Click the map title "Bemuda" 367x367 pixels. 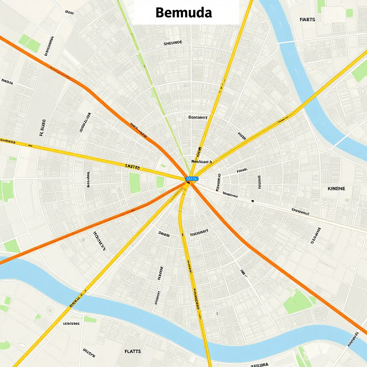(x=184, y=13)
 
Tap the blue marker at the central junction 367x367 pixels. (x=192, y=178)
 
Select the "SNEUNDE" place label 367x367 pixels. (x=173, y=43)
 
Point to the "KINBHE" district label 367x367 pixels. (x=336, y=188)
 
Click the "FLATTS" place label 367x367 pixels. (x=133, y=351)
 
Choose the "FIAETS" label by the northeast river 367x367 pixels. (x=307, y=19)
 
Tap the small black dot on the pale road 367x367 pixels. (x=253, y=201)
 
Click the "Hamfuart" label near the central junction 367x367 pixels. (x=203, y=161)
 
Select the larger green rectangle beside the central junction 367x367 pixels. (x=134, y=183)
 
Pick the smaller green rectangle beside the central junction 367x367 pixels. (x=160, y=182)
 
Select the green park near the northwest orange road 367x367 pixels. (x=30, y=43)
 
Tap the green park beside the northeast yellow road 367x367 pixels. (x=359, y=71)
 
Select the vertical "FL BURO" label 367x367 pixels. (x=42, y=128)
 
